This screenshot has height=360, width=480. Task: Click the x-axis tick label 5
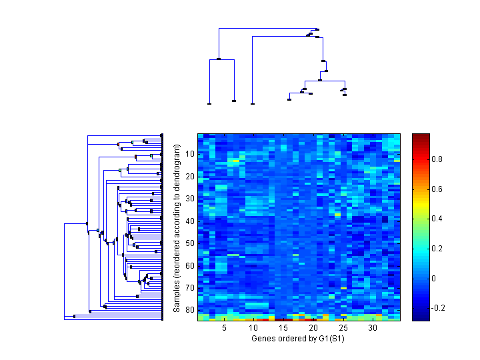[x=224, y=328]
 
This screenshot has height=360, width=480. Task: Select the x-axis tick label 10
[x=253, y=328]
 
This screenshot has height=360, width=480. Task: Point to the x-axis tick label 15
[x=283, y=328]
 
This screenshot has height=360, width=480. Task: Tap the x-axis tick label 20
[x=313, y=328]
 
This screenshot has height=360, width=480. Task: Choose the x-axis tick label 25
[x=343, y=328]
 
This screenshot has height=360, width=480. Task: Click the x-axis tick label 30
[x=373, y=328]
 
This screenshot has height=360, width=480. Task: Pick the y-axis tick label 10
[x=189, y=154]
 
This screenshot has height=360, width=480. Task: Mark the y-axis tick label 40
[x=189, y=221]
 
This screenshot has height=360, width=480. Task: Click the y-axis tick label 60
[x=189, y=265]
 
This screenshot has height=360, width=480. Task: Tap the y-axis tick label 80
[x=189, y=310]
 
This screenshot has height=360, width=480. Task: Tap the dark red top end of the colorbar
[x=420, y=136]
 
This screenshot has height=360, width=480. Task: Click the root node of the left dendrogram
[x=65, y=224]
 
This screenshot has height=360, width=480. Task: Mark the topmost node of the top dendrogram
[x=317, y=29]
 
